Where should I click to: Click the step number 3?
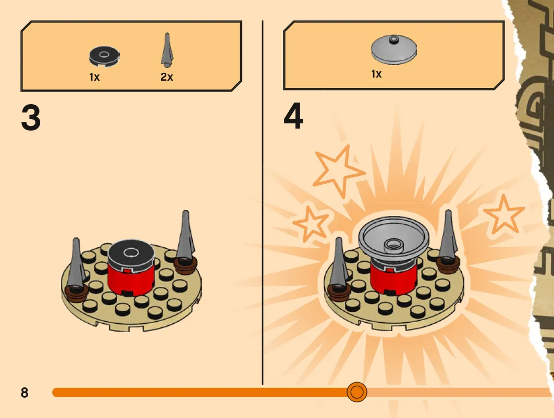point(31,118)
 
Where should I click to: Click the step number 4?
point(293,116)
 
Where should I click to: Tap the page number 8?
point(24,392)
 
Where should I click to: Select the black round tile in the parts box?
point(104,56)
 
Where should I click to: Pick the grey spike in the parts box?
point(167,50)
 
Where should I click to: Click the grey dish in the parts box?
point(393,49)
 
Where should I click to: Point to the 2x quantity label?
point(167,77)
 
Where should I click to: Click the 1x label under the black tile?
point(94,77)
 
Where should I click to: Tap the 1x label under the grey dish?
point(376,74)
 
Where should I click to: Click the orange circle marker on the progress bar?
point(357,392)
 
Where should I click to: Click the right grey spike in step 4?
point(448,235)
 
